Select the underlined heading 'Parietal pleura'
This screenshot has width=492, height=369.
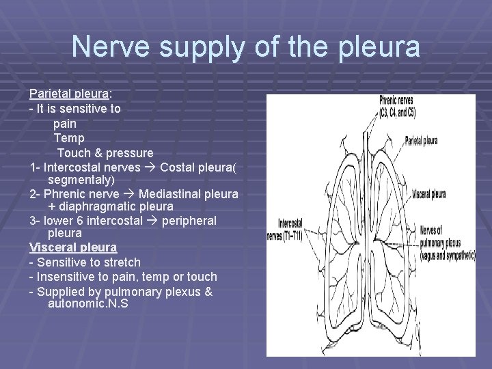click(69, 94)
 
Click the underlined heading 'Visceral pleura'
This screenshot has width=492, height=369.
click(73, 247)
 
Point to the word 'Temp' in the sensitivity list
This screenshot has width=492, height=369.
click(69, 139)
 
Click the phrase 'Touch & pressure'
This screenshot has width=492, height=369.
click(105, 153)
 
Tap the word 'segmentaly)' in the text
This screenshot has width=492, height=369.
click(81, 180)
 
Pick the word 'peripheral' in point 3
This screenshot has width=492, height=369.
click(189, 221)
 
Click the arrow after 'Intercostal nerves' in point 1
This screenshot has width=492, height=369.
click(150, 167)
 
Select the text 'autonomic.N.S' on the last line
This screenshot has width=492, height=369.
click(87, 303)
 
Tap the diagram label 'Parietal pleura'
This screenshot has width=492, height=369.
click(422, 141)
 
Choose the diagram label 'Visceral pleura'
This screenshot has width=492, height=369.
click(429, 194)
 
